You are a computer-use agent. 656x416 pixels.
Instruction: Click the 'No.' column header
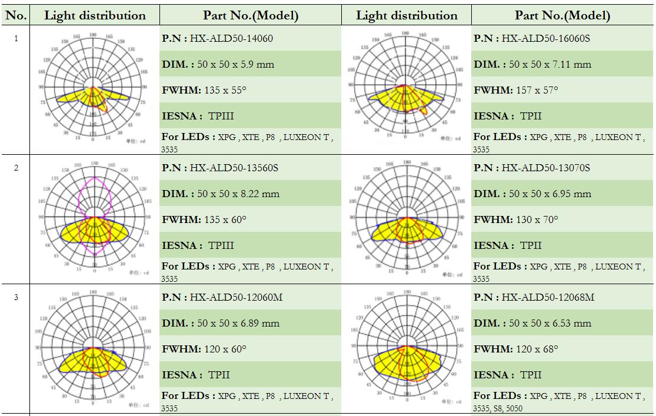(16, 16)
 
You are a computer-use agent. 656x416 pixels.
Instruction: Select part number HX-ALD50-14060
(231, 39)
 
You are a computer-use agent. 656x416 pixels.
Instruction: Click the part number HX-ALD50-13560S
(234, 168)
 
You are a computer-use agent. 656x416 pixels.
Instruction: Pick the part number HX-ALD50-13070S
(545, 168)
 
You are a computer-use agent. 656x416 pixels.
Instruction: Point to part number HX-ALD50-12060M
(236, 298)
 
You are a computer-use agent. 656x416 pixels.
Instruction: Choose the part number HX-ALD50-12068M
(548, 298)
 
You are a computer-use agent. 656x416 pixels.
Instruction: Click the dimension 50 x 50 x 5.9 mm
(232, 64)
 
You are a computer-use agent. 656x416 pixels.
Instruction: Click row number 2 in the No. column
(16, 168)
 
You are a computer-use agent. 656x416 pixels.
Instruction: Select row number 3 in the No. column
(16, 298)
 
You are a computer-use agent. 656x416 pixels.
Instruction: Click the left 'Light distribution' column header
(95, 16)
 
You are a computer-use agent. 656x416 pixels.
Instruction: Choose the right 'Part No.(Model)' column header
(562, 16)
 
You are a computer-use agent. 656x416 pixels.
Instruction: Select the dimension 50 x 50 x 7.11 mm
(550, 64)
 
